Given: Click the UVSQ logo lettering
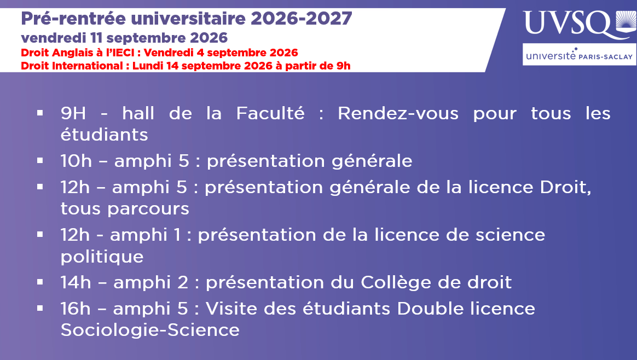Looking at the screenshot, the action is pyautogui.click(x=568, y=24).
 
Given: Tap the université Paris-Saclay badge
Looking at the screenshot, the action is pyautogui.click(x=580, y=55).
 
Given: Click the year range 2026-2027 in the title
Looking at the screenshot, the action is pyautogui.click(x=301, y=18).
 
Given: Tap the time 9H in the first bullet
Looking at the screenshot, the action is pyautogui.click(x=73, y=113).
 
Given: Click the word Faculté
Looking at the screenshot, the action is pyautogui.click(x=270, y=113).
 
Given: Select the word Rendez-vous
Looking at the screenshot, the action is pyautogui.click(x=398, y=113).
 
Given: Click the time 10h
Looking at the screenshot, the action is pyautogui.click(x=77, y=161).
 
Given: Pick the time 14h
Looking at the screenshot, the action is pyautogui.click(x=76, y=282).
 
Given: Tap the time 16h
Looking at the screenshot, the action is pyautogui.click(x=76, y=309).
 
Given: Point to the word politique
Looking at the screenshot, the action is pyautogui.click(x=102, y=257).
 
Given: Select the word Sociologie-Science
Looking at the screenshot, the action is pyautogui.click(x=150, y=330).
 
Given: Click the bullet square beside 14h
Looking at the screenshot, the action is pyautogui.click(x=40, y=281).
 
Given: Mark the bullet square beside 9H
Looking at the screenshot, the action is pyautogui.click(x=40, y=112).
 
